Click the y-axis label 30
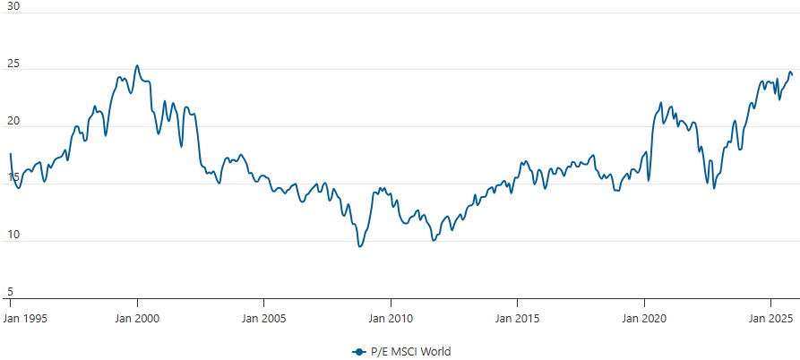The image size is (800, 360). click(13, 6)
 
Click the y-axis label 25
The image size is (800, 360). click(13, 64)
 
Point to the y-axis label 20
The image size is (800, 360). click(13, 121)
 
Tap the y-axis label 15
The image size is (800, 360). click(13, 178)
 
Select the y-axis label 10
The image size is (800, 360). click(13, 236)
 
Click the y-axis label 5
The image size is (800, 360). click(10, 292)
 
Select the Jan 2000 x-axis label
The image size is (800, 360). click(137, 318)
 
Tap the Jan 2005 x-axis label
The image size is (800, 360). click(263, 318)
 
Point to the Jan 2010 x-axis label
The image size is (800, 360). click(390, 318)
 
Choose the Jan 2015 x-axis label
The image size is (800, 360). click(516, 318)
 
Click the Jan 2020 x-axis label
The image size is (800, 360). click(643, 318)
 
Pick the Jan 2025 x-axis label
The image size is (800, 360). click(770, 318)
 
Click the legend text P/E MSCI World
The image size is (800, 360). click(411, 351)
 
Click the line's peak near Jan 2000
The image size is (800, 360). click(136, 65)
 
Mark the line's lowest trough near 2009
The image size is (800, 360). click(360, 246)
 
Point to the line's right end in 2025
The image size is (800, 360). click(792, 75)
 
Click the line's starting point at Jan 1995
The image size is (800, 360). click(10, 154)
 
